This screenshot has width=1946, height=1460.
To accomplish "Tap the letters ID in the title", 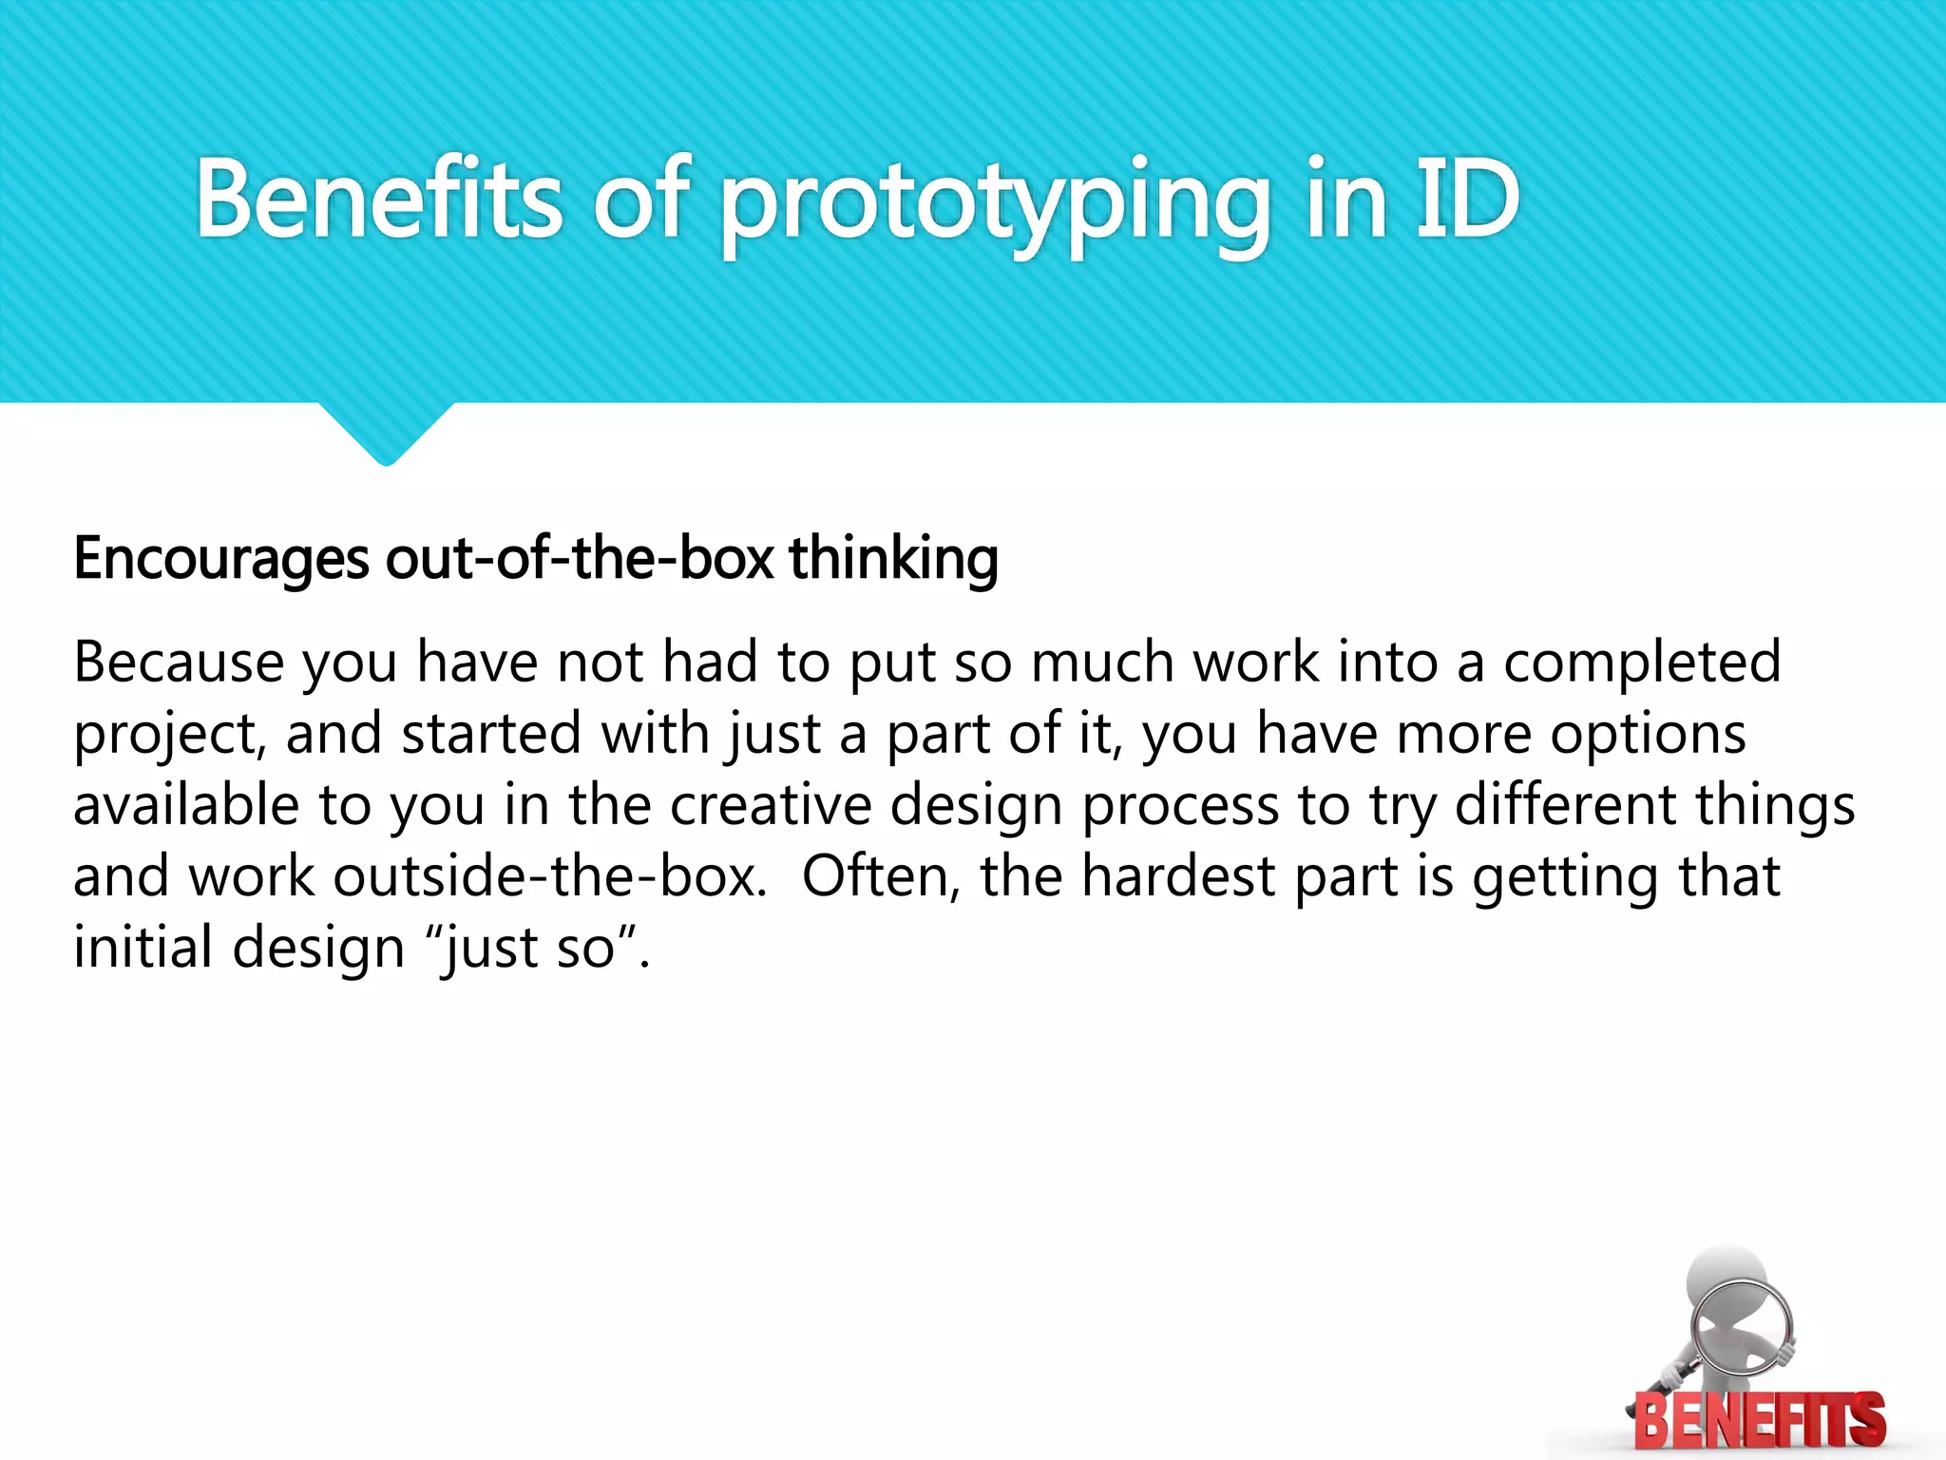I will tap(1468, 200).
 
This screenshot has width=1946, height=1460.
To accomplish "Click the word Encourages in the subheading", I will tap(220, 559).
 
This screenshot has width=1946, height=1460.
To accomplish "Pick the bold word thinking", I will tap(893, 559).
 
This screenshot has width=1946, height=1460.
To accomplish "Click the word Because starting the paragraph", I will tap(179, 662).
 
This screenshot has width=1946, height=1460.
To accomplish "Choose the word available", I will tap(186, 805).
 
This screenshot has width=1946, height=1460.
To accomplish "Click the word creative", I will tap(771, 805).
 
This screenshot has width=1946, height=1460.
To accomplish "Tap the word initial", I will tap(143, 948).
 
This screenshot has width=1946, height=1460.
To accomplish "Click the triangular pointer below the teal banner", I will tap(386, 432).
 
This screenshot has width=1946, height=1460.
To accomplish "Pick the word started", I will tap(490, 734).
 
